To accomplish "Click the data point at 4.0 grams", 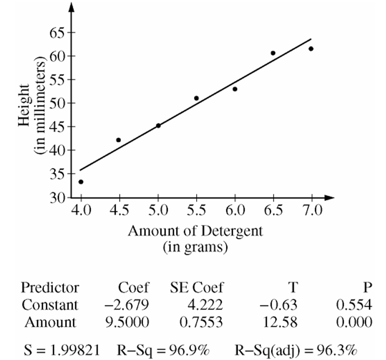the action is coord(81,182).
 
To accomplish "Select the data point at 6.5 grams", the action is coord(273,53).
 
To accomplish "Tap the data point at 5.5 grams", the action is coord(196,98).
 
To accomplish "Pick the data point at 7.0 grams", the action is coord(311,49).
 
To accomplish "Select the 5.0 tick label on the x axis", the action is coord(158,211).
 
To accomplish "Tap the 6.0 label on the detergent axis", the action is coord(235,211).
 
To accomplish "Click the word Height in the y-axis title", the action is coord(24,106).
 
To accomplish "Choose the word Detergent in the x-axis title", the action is coord(232,231).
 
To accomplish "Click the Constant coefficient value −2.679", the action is coord(127,305).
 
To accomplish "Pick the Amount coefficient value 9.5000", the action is coord(127,322).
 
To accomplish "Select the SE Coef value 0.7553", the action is coord(201,322).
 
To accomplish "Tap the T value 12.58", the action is coord(280,322).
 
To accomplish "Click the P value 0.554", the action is coord(354,305).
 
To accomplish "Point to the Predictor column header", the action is coord(50,288).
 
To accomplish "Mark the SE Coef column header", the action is coord(197,288).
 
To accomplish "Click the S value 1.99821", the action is coord(75,350).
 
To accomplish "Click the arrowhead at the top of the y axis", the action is coord(71,7).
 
